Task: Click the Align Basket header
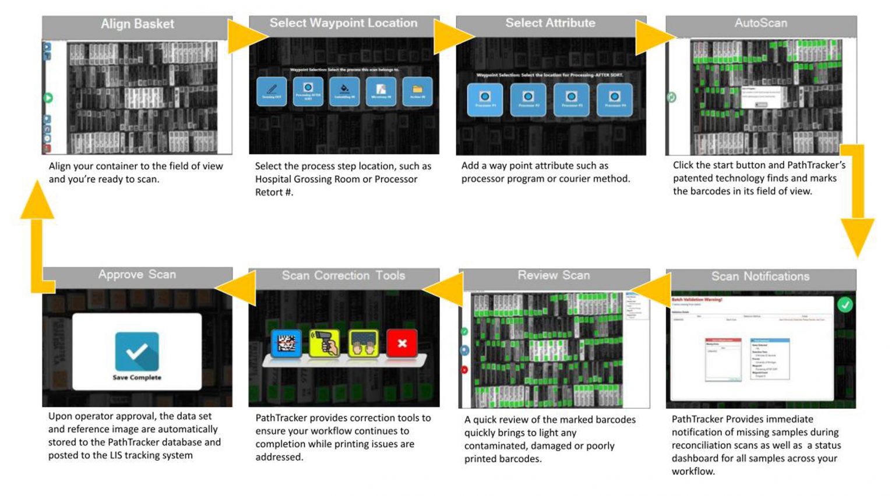click(x=137, y=24)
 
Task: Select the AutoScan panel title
click(x=760, y=23)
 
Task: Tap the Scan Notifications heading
click(x=760, y=277)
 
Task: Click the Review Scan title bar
click(x=554, y=275)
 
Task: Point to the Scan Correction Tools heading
click(x=343, y=276)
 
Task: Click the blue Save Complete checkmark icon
click(x=137, y=351)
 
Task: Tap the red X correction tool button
click(x=401, y=343)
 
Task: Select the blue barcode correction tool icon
click(x=286, y=343)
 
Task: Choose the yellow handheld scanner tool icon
click(x=325, y=343)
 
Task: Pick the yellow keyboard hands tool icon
click(x=363, y=343)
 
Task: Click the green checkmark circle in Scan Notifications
click(x=844, y=304)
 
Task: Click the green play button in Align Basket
click(x=48, y=98)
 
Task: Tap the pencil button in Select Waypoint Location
click(x=272, y=91)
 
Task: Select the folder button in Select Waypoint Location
click(x=417, y=91)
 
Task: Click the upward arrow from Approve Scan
click(x=37, y=210)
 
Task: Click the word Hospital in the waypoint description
click(x=274, y=179)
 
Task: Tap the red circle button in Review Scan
click(x=464, y=370)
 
